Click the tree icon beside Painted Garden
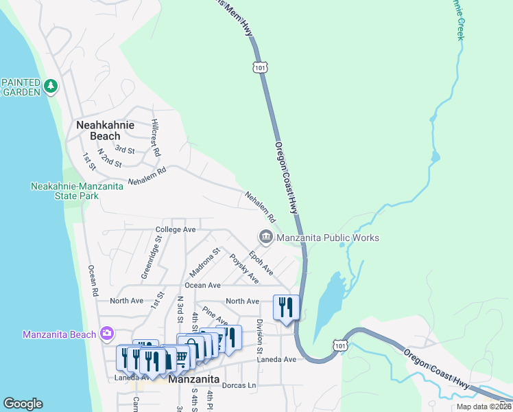(x=50, y=87)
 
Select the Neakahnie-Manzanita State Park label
(x=77, y=191)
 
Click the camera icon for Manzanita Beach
(x=106, y=334)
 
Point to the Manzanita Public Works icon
(x=265, y=237)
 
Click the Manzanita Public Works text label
(x=327, y=238)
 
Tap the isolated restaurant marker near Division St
(x=285, y=307)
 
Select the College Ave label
(x=176, y=229)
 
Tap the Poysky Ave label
(x=243, y=268)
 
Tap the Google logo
(x=23, y=404)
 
